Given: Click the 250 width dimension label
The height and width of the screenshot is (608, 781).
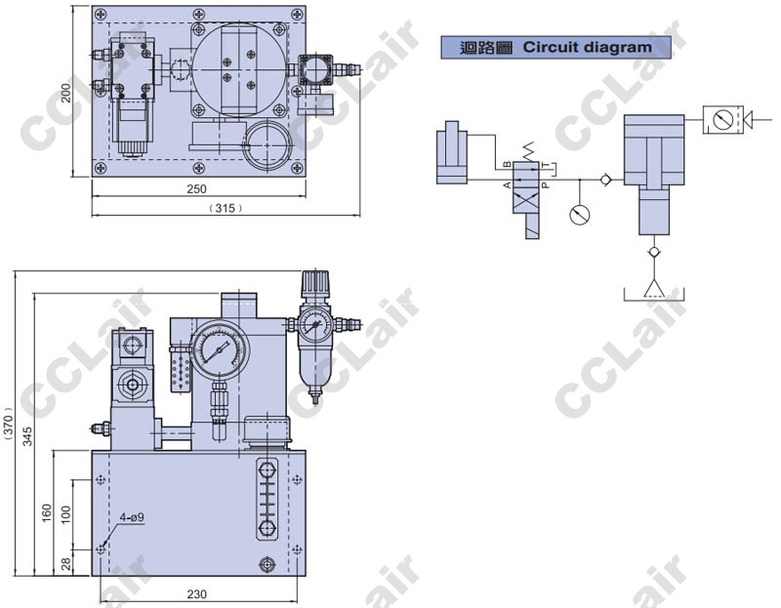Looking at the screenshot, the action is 196,188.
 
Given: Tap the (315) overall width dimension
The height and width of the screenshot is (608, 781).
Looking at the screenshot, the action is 226,208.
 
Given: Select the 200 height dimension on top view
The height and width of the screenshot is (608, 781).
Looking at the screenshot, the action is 66,93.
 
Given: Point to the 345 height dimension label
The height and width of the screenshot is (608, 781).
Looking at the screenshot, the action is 27,435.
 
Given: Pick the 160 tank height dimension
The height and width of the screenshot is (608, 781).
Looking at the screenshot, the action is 46,513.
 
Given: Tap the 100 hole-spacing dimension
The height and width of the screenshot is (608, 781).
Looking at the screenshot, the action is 66,514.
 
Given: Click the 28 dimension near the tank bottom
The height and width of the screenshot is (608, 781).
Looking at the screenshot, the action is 66,563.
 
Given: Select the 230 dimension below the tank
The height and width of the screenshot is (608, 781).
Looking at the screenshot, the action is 197,593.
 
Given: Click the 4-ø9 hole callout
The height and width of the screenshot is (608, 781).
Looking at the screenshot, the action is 132,517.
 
